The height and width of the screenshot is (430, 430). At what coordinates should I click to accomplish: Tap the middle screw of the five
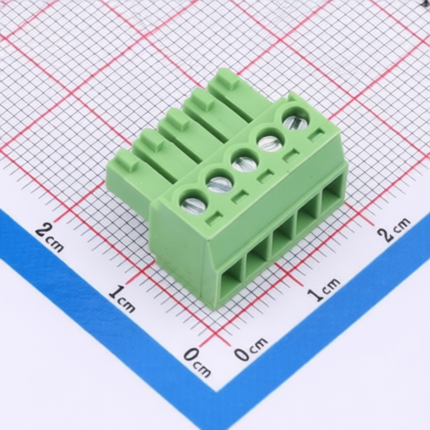coord(244,164)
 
